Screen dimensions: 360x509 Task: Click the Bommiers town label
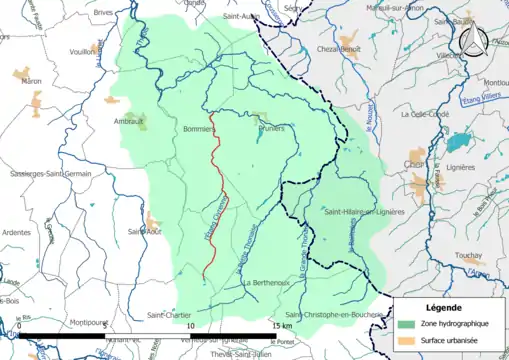point(200,129)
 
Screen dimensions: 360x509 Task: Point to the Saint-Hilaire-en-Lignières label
point(362,212)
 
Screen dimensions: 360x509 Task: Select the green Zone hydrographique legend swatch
point(406,325)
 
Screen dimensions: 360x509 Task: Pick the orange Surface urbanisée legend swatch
point(406,342)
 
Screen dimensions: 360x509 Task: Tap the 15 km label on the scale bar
point(280,326)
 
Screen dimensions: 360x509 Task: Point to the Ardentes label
point(17,233)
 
